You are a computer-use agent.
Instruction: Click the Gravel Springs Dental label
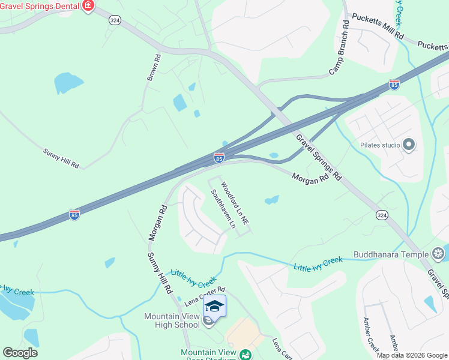41,6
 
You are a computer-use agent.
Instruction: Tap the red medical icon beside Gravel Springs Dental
89,6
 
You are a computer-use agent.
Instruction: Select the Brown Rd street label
154,68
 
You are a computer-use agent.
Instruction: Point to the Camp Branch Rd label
339,48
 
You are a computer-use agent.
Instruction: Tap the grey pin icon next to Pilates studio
409,145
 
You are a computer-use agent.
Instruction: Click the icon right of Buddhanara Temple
439,254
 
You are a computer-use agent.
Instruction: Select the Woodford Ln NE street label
235,203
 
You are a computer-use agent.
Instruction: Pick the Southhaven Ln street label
223,209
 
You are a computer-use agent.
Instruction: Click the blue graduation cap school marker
214,305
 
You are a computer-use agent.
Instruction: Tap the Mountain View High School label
172,320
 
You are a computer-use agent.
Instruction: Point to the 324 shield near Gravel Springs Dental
115,20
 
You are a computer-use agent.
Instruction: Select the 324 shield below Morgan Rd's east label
382,215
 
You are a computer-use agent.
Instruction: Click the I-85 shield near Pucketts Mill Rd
394,85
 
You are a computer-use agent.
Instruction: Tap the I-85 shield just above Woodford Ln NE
219,158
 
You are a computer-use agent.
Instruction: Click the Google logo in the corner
20,353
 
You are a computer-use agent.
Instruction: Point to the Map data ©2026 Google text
412,355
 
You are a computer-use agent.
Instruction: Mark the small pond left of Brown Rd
68,83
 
